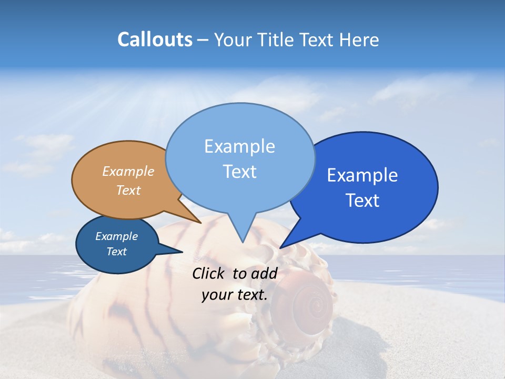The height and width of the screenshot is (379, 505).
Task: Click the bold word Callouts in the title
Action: click(x=155, y=39)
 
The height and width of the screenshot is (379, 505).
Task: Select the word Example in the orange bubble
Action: click(x=128, y=171)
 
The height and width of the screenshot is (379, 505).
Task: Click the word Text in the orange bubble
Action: click(x=128, y=190)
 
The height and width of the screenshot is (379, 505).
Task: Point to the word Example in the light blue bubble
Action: click(x=239, y=146)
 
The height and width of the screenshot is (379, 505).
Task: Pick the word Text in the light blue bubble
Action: click(x=239, y=172)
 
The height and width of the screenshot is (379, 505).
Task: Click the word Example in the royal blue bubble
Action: click(x=362, y=175)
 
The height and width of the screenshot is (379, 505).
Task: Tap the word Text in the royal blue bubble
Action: click(x=362, y=201)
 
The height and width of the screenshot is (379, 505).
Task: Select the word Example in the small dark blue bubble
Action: click(x=117, y=236)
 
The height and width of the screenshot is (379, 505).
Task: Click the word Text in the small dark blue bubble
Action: click(x=117, y=252)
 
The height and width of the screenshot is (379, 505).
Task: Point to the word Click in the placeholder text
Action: click(x=209, y=273)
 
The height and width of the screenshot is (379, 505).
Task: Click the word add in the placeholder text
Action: click(x=264, y=273)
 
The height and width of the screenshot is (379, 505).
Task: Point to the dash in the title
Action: click(x=203, y=40)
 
